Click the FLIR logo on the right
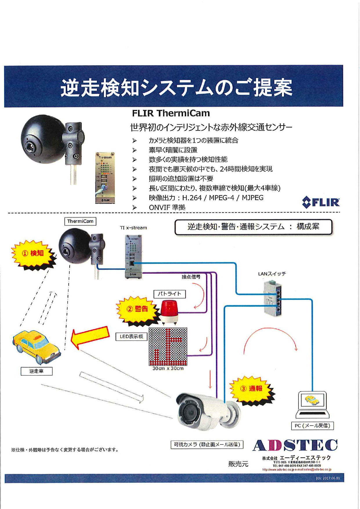click(x=321, y=202)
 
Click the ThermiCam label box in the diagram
click(x=80, y=221)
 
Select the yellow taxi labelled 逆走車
click(x=37, y=347)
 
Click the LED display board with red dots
click(x=168, y=347)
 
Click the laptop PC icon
click(x=313, y=405)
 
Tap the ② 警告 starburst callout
click(x=138, y=309)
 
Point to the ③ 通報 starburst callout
click(x=252, y=389)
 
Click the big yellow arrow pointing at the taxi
click(x=90, y=336)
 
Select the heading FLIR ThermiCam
click(x=171, y=113)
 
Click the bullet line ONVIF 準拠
click(x=167, y=207)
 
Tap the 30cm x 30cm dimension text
click(x=168, y=368)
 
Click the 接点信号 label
click(x=191, y=277)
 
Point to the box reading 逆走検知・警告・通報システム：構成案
click(x=253, y=227)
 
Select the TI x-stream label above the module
click(x=133, y=228)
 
